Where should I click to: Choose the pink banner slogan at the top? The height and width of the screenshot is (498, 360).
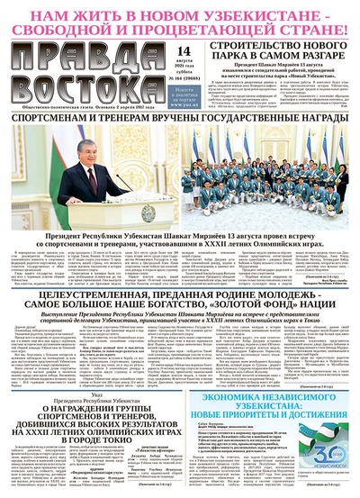coord(180,21)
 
